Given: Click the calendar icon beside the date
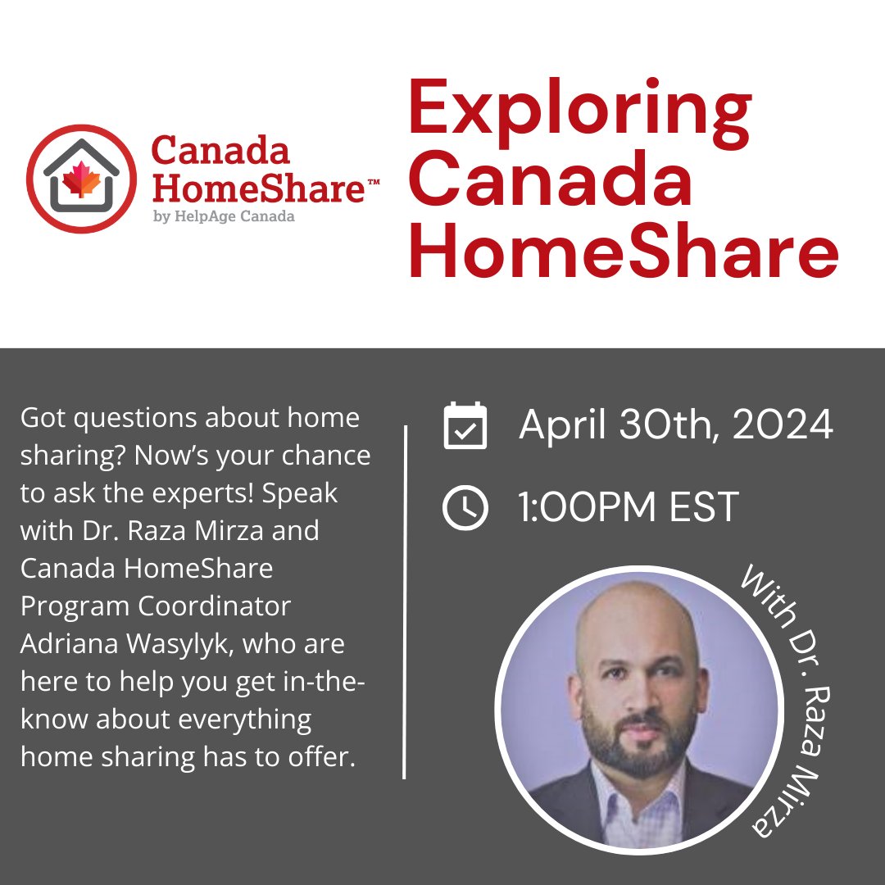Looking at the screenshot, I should click(x=465, y=426).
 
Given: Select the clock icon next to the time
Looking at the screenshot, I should click(x=465, y=508).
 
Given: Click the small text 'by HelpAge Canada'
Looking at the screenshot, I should click(x=223, y=216).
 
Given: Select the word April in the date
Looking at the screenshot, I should click(x=557, y=426).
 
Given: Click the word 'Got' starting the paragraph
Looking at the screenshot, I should click(x=43, y=418).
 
